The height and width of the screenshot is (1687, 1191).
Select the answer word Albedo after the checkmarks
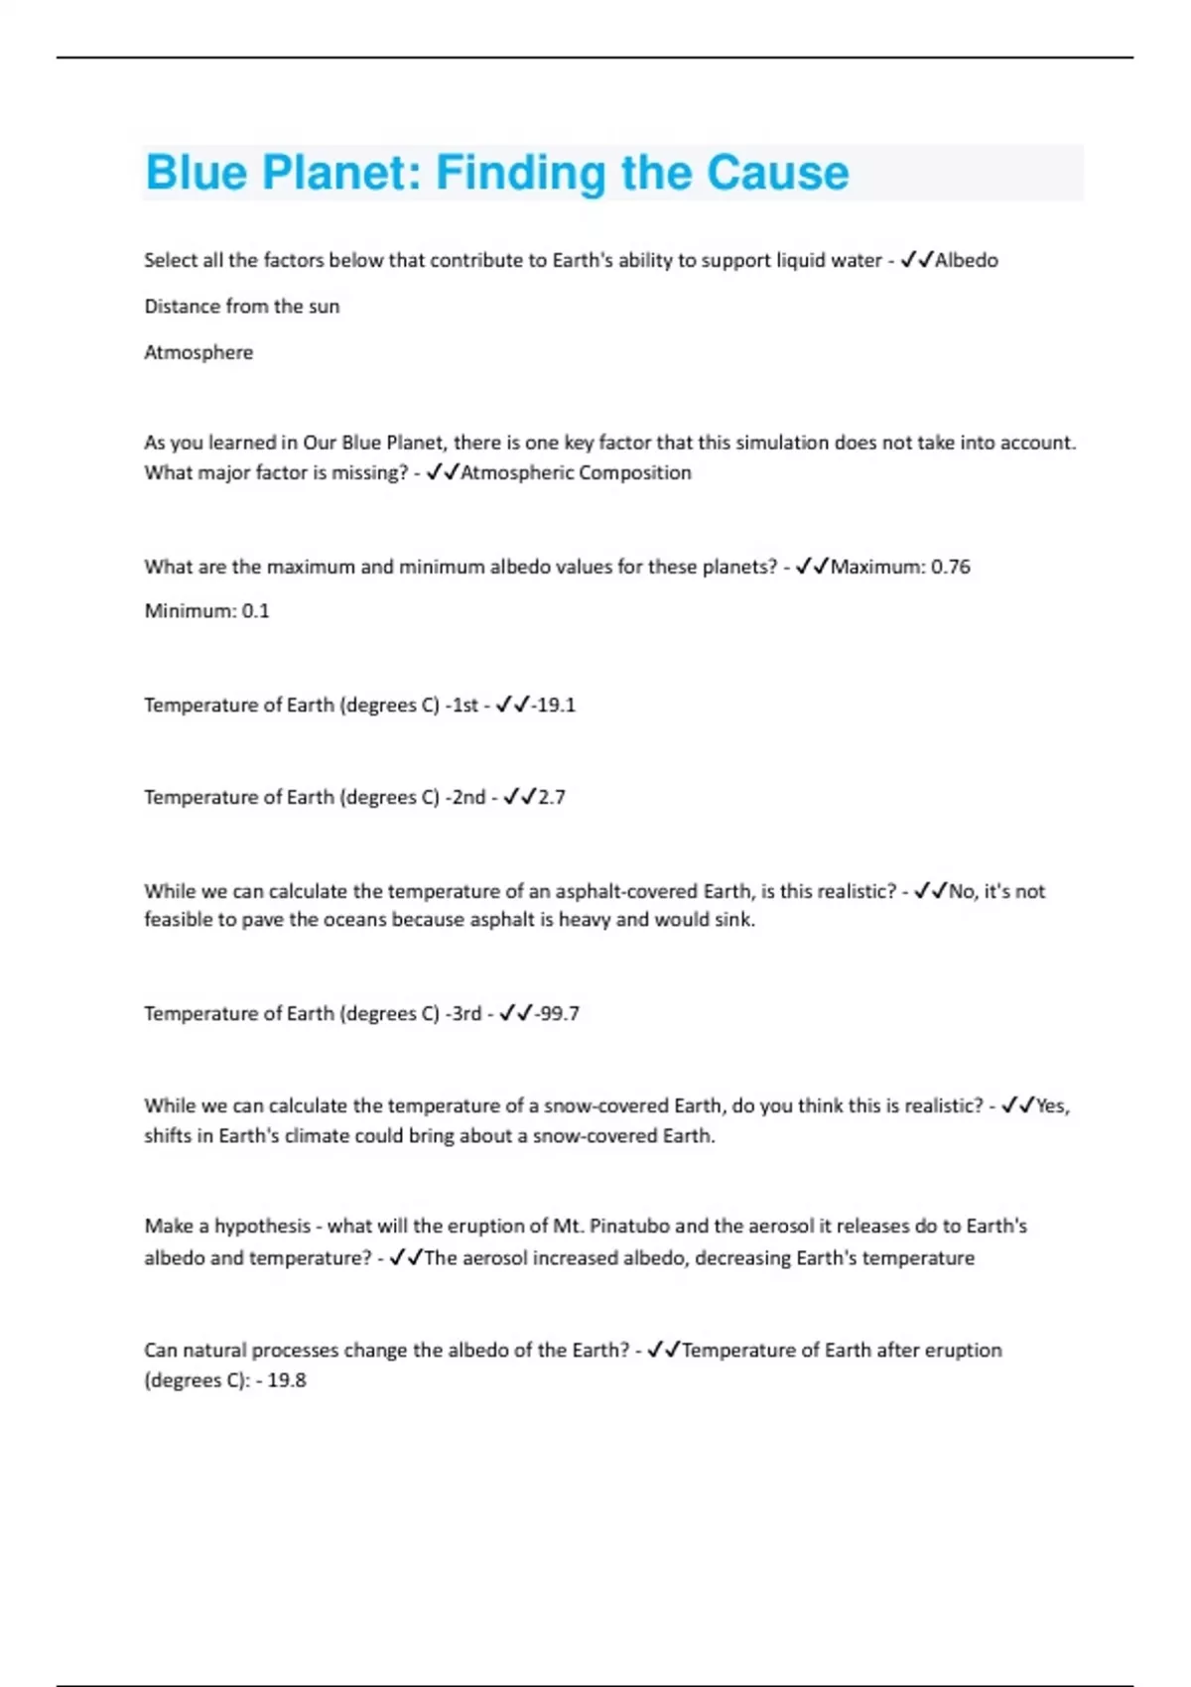click(967, 261)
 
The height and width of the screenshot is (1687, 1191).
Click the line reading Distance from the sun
click(241, 307)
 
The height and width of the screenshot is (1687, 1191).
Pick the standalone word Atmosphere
click(198, 352)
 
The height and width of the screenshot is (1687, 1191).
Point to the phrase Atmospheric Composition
click(576, 473)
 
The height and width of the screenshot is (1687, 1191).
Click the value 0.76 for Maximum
click(951, 568)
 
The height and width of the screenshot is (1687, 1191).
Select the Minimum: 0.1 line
click(206, 611)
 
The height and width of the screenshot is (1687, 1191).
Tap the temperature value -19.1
click(554, 706)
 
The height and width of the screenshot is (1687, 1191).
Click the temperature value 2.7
click(552, 798)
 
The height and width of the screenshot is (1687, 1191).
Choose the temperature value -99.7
click(558, 1014)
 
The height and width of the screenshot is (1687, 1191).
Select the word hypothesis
click(262, 1227)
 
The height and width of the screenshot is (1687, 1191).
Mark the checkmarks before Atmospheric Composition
click(442, 473)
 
